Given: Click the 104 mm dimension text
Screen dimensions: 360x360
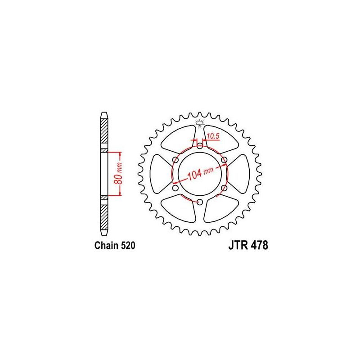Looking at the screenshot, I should click(x=200, y=174).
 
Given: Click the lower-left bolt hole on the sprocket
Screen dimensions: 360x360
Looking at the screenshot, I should click(x=175, y=188).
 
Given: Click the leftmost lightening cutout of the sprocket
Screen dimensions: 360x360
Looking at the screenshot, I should click(x=158, y=174).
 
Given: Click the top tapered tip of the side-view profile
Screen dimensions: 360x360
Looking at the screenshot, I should click(x=104, y=113).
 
